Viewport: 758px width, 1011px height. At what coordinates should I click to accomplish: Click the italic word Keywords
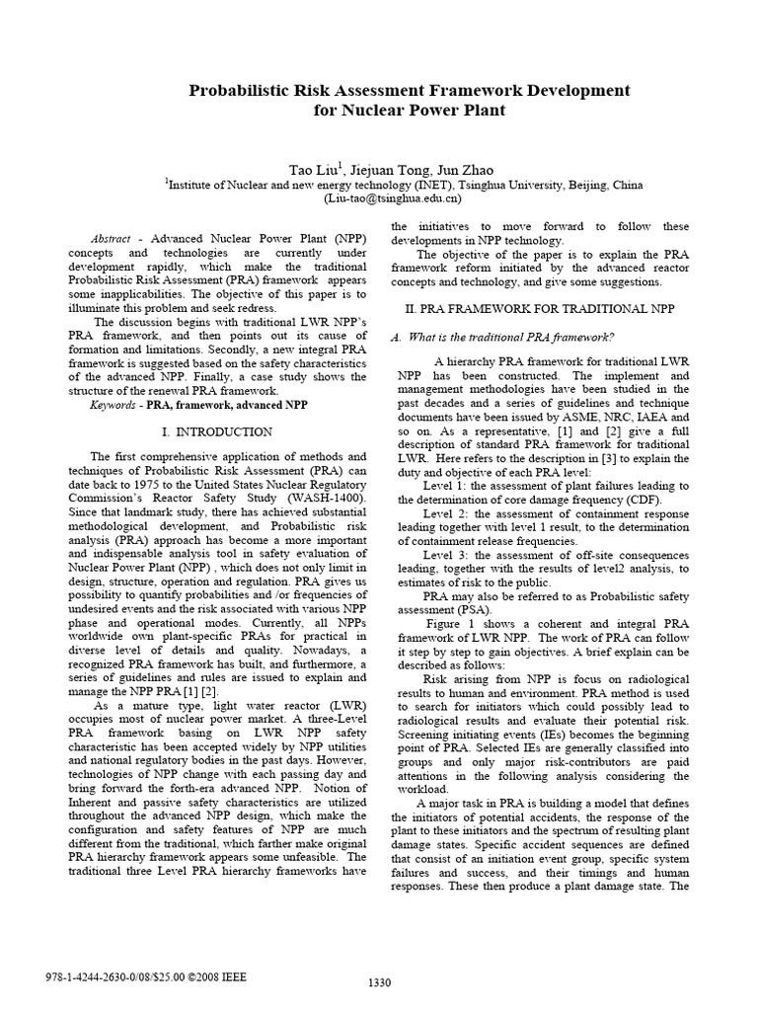coord(114,405)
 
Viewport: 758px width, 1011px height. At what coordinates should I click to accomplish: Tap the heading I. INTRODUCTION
coord(216,432)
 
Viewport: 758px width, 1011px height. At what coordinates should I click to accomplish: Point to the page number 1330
coord(379,988)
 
